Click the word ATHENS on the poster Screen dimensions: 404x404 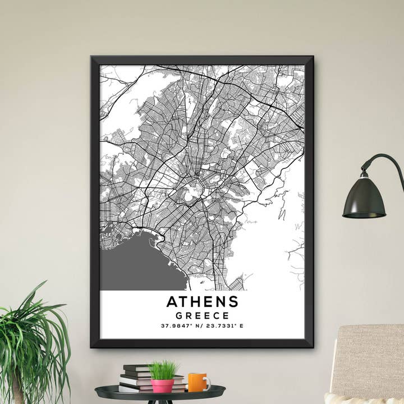pyautogui.click(x=202, y=301)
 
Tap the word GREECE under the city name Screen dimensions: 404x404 pyautogui.click(x=202, y=315)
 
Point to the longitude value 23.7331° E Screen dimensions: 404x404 pyautogui.click(x=224, y=326)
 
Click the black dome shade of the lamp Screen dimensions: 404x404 pyautogui.click(x=364, y=199)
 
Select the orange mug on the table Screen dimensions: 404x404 pyautogui.click(x=197, y=382)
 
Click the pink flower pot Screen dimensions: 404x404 pyautogui.click(x=163, y=385)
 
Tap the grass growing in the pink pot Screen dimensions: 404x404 pyautogui.click(x=162, y=370)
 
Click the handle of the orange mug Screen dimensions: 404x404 pyautogui.click(x=208, y=383)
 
